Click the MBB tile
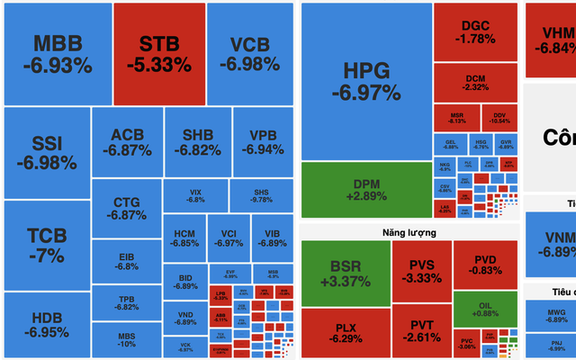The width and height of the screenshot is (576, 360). pyautogui.click(x=58, y=54)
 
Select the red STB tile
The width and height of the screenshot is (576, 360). pyautogui.click(x=158, y=54)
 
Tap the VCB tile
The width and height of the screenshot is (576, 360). pyautogui.click(x=249, y=54)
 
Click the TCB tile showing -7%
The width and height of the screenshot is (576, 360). pyautogui.click(x=46, y=245)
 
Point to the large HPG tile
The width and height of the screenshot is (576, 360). pyautogui.click(x=365, y=81)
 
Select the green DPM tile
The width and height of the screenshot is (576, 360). pyautogui.click(x=365, y=190)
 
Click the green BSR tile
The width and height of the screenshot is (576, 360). pyautogui.click(x=345, y=274)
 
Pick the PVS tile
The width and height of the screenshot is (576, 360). pyautogui.click(x=421, y=271)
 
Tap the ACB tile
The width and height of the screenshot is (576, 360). pyautogui.click(x=127, y=142)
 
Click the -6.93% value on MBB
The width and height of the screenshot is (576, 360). pyautogui.click(x=58, y=66)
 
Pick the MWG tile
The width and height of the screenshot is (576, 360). pyautogui.click(x=550, y=314)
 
